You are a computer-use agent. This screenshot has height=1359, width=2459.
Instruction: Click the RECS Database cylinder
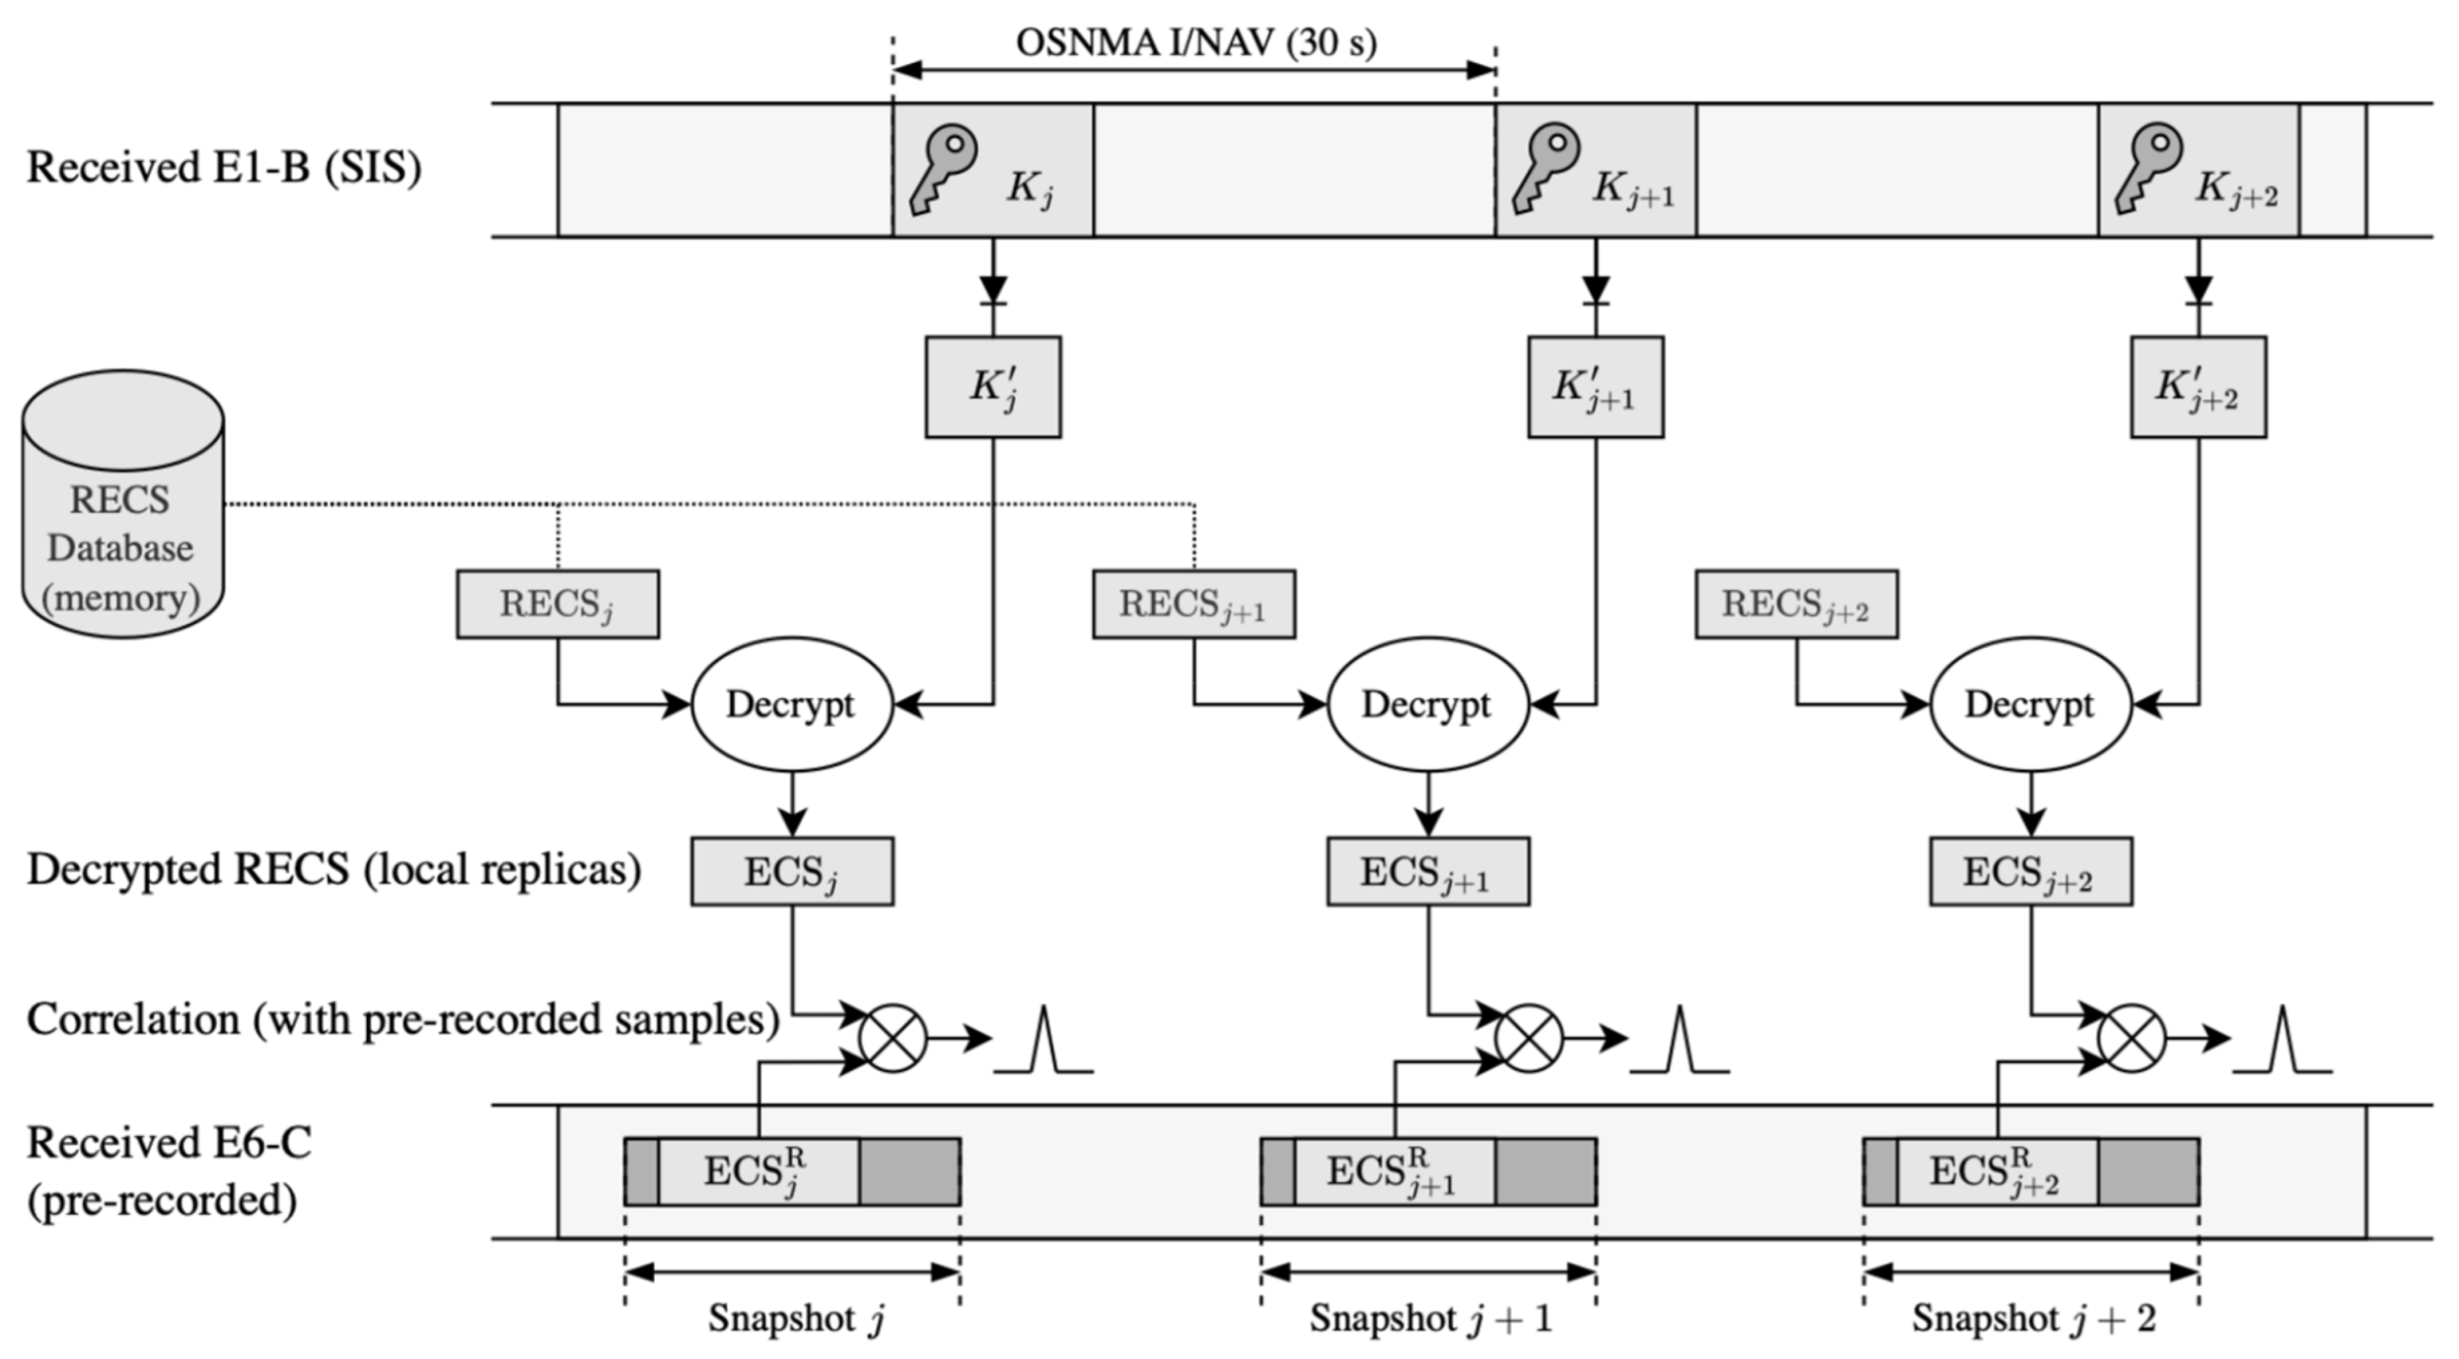(122, 505)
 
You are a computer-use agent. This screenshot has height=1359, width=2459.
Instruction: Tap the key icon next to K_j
(942, 169)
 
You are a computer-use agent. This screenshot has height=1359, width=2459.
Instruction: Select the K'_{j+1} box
(1595, 387)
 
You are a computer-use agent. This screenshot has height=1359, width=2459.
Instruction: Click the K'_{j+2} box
(2198, 387)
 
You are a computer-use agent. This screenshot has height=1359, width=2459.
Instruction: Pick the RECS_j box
(557, 604)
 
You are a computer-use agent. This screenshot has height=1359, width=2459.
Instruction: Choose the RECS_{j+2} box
(1796, 604)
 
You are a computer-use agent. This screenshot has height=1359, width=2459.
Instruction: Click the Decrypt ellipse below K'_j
(792, 704)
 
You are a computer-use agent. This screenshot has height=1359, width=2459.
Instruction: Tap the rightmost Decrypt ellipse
(2030, 704)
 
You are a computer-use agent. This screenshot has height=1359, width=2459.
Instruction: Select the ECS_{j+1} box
(1427, 872)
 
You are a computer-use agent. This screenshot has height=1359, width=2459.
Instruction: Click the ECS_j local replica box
(792, 872)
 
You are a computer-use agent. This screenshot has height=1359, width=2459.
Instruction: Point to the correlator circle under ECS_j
(893, 1038)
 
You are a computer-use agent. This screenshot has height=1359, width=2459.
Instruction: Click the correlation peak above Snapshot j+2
(2282, 1042)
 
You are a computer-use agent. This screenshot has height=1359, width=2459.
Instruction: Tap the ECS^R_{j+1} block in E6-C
(1393, 1172)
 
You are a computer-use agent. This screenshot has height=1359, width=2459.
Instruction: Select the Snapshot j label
(795, 1319)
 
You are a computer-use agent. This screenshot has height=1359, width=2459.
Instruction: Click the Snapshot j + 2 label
(2033, 1319)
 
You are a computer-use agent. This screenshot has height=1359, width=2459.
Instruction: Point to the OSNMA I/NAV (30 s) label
(1195, 42)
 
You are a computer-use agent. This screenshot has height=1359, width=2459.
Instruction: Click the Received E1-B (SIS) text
(224, 168)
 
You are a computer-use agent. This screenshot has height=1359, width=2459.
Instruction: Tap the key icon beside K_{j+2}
(2147, 169)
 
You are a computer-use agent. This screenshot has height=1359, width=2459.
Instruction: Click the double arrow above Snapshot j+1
(1427, 1272)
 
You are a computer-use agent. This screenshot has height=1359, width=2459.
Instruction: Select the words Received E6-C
(169, 1143)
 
